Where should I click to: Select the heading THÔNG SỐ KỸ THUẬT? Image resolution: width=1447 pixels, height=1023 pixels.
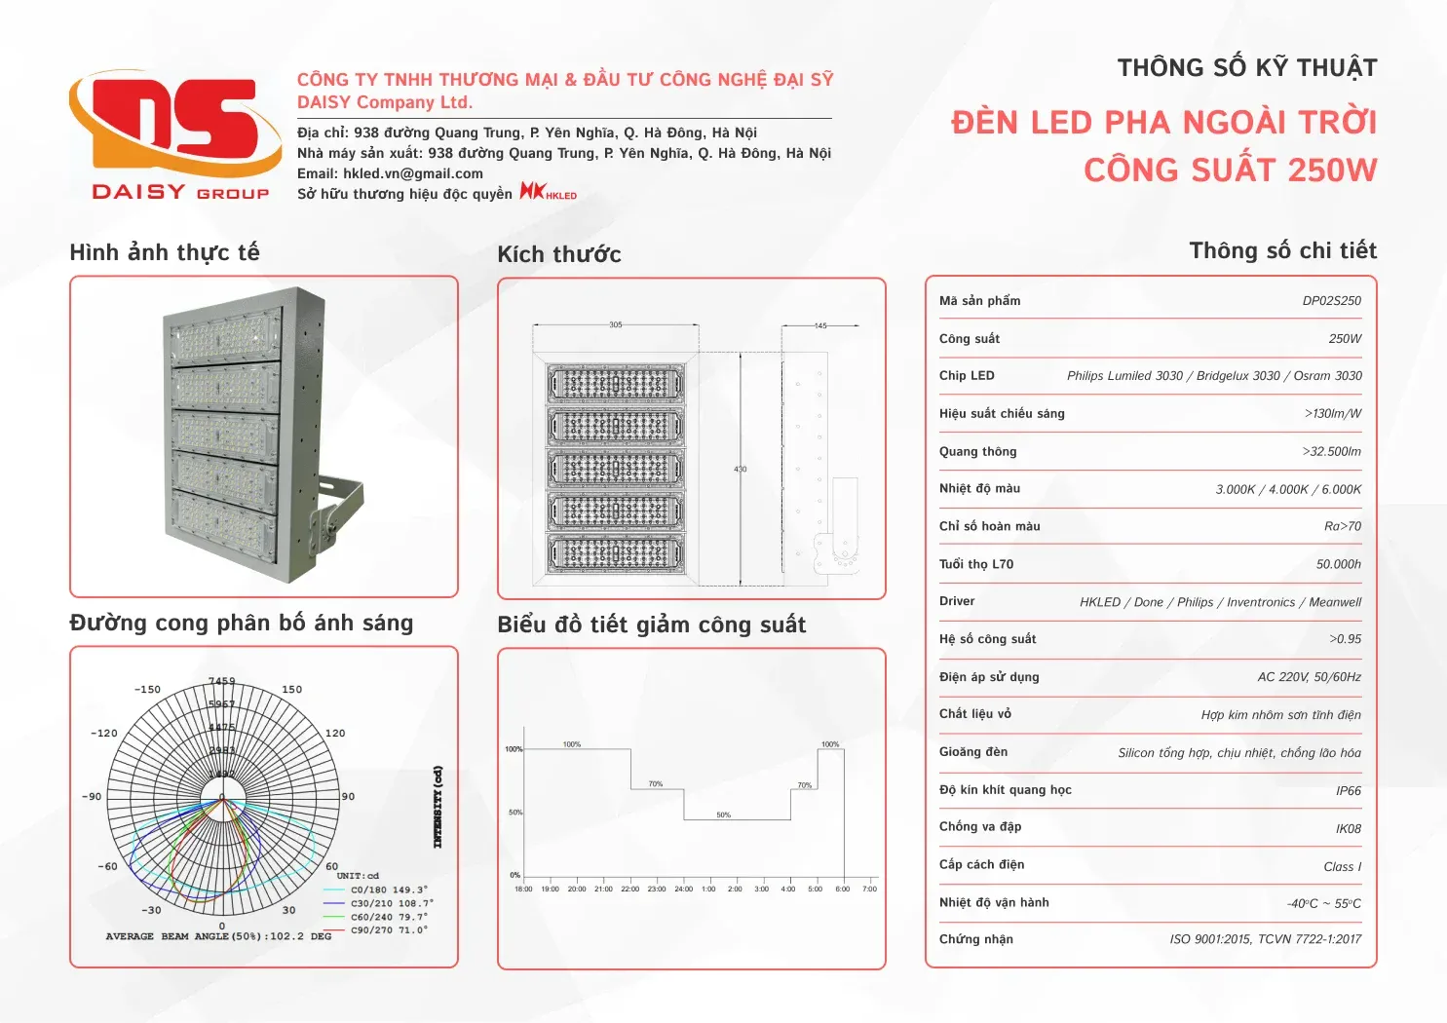click(1246, 68)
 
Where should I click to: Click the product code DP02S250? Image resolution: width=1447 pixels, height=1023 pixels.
click(1331, 301)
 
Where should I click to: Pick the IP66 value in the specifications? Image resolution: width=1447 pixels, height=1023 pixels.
click(1348, 791)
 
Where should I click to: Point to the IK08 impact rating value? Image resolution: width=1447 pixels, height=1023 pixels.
click(1348, 829)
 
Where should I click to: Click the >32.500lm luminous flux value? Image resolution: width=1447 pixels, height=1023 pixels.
click(1331, 452)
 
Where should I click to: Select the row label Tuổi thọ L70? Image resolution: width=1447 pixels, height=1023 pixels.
click(976, 564)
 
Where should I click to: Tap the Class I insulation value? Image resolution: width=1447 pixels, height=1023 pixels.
click(1342, 867)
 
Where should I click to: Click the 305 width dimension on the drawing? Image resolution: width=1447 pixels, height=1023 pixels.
click(615, 324)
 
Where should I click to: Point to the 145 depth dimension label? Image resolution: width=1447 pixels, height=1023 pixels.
click(820, 325)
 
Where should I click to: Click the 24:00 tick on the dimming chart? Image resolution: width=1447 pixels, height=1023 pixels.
click(683, 889)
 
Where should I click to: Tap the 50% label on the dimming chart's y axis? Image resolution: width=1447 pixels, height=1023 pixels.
click(514, 813)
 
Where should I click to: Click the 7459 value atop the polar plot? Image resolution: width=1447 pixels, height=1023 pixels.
click(221, 681)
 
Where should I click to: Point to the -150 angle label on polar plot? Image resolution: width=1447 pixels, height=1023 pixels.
click(147, 690)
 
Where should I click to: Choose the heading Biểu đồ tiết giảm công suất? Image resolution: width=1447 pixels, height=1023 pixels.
click(651, 625)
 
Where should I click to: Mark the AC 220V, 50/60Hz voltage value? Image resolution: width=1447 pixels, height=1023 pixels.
click(1309, 677)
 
